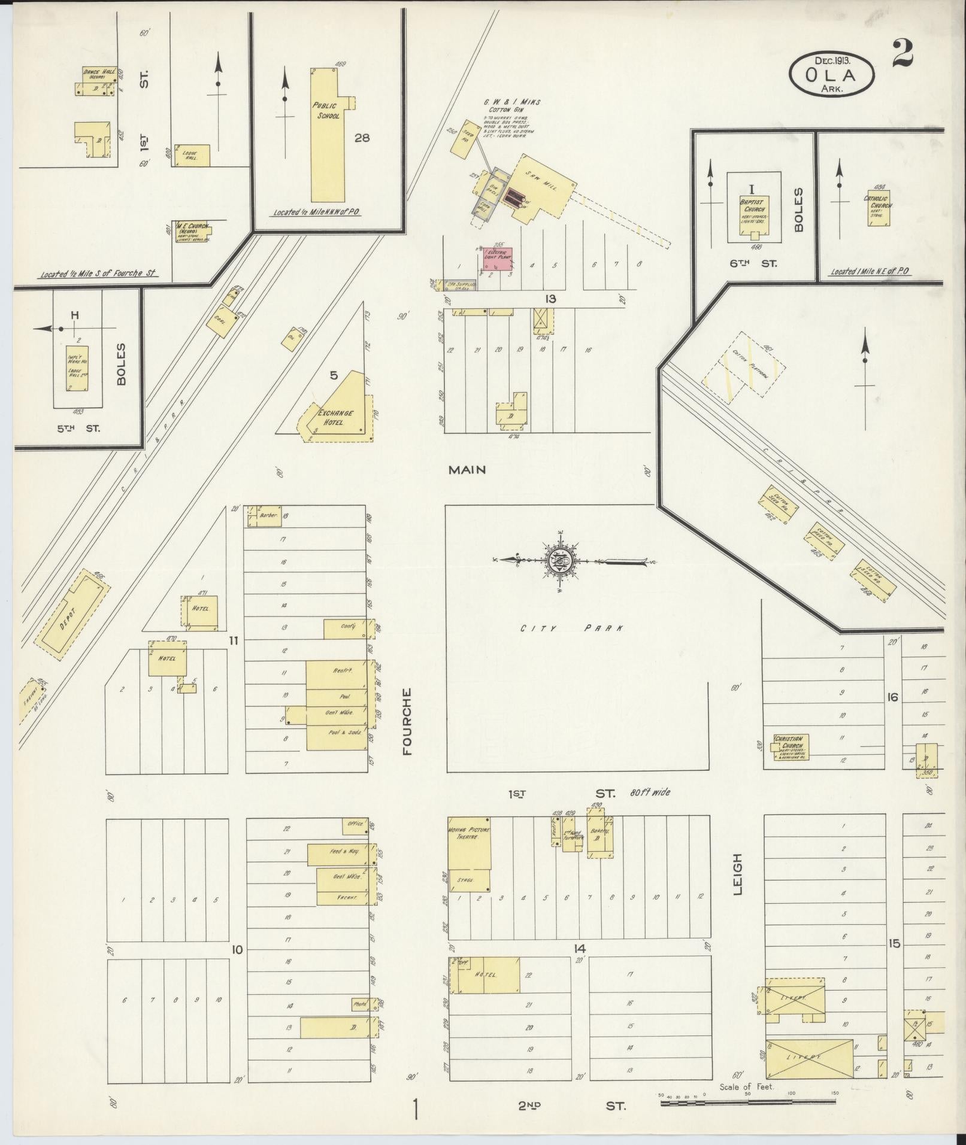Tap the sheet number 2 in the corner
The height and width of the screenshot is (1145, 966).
(902, 54)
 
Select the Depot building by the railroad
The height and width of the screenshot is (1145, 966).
(72, 614)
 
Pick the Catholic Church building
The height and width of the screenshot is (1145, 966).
(877, 208)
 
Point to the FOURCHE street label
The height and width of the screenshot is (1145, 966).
(407, 721)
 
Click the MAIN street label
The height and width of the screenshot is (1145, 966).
(467, 470)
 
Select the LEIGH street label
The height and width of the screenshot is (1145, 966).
(737, 874)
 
